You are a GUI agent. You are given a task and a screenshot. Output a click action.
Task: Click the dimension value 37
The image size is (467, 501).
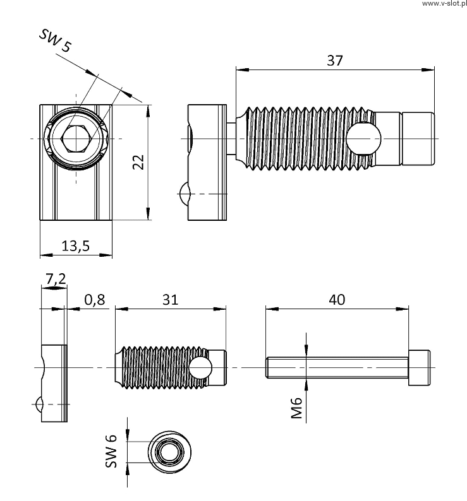tap(334, 61)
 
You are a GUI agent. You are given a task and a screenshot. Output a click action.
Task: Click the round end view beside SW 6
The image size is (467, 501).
tap(168, 452)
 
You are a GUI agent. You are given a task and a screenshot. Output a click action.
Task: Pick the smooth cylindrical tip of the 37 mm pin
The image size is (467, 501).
tap(418, 138)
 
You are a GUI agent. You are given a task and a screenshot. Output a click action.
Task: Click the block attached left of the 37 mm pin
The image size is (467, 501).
tap(207, 163)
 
